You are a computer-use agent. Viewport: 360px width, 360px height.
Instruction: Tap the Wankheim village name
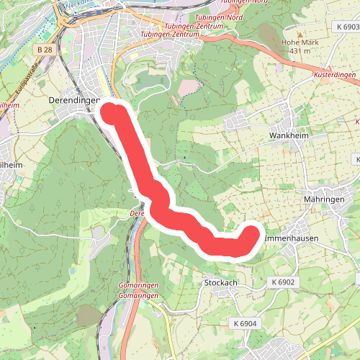click(288, 135)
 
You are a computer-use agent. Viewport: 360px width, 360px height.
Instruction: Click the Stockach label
click(220, 283)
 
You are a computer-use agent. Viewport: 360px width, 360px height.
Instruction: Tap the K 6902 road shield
click(284, 282)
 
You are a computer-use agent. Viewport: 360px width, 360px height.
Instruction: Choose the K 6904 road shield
click(246, 325)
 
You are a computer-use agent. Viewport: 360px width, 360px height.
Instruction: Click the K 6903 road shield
click(347, 27)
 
